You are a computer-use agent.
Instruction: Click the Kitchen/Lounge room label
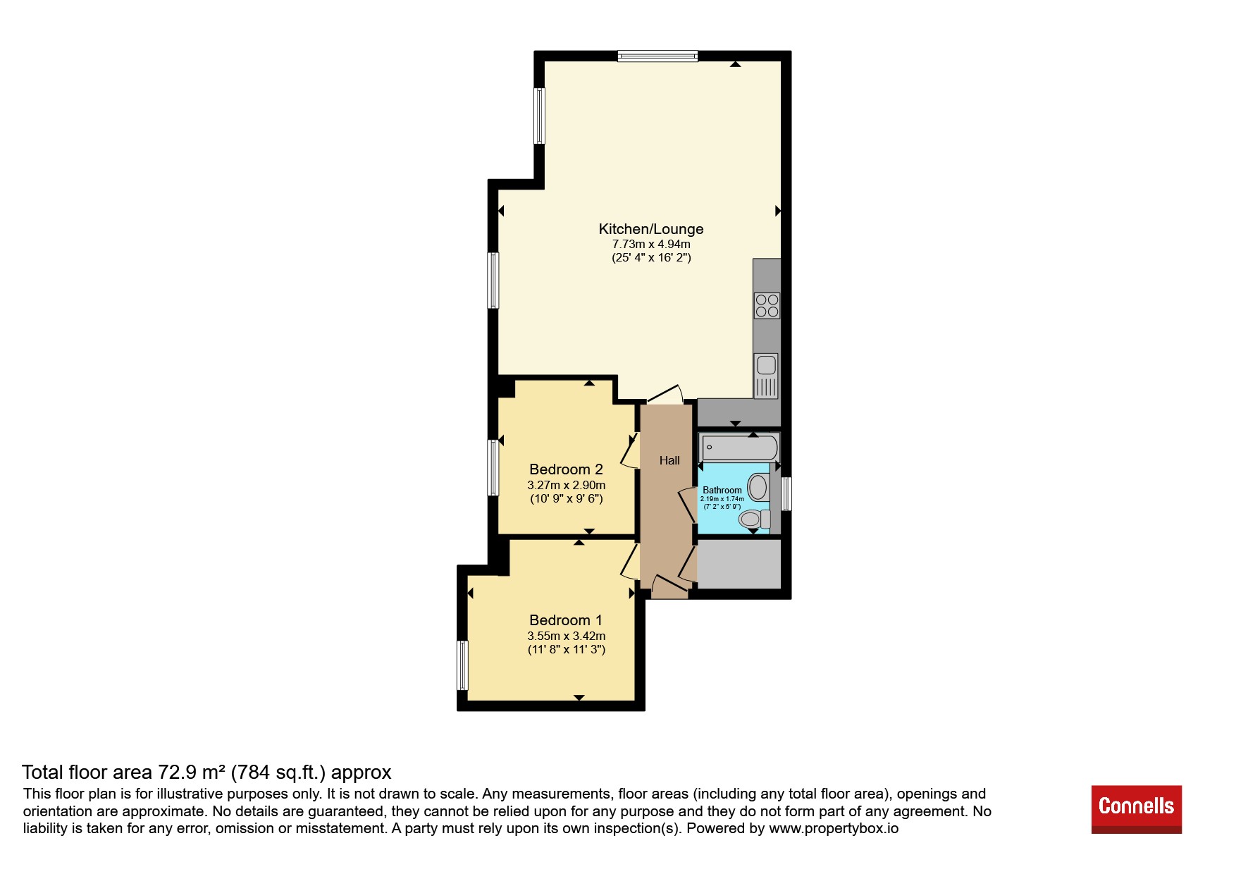coord(650,229)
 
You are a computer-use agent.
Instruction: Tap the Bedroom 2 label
coord(566,469)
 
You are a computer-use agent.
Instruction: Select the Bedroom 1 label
coord(566,620)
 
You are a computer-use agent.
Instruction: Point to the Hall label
coord(669,460)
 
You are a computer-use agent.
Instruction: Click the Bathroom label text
coord(722,490)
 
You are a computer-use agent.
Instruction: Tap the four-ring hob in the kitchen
coord(767,305)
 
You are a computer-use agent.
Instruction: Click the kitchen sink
coord(766,375)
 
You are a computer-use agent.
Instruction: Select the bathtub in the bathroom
coord(740,448)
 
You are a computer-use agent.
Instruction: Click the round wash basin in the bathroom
coord(758,486)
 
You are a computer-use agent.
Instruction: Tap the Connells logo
coord(1136,809)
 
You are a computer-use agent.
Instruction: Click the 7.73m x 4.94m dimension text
coord(651,244)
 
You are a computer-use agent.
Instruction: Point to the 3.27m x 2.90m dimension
coord(567,485)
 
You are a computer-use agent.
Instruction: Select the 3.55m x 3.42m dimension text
coord(567,636)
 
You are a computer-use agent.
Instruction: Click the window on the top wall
coord(657,56)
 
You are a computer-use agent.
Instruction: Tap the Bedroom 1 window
coord(462,665)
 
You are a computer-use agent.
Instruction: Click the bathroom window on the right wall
coord(786,493)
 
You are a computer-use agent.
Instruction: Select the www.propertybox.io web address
coord(834,828)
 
